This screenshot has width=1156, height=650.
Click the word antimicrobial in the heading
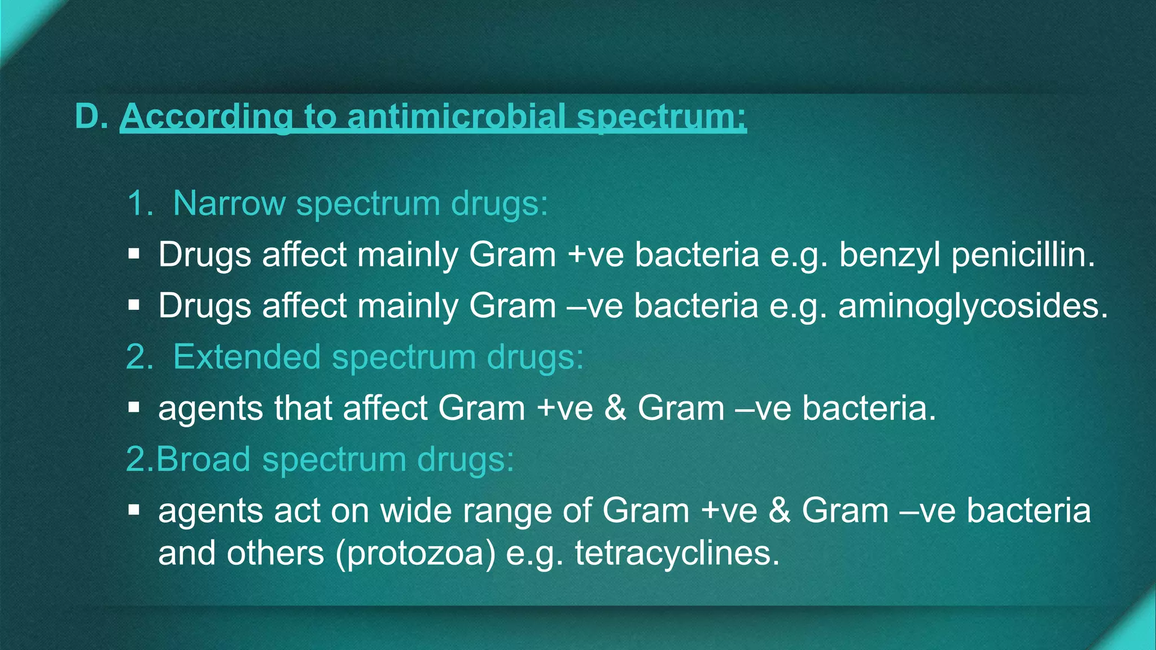(x=456, y=117)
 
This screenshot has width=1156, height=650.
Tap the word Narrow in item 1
(x=229, y=203)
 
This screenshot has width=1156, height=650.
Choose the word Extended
(x=247, y=357)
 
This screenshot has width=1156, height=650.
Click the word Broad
(x=203, y=459)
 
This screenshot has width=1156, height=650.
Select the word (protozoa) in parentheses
(x=415, y=553)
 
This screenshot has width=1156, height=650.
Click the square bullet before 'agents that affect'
(x=134, y=408)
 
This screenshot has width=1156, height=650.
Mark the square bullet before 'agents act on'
(x=134, y=511)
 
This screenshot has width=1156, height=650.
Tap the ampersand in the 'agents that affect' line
(x=615, y=409)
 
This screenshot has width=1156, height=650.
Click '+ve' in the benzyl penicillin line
(x=595, y=255)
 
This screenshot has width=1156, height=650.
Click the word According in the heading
(x=207, y=117)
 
